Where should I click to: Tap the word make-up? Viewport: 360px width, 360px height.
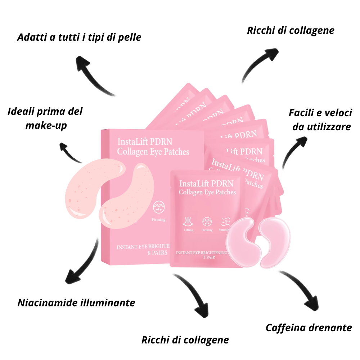(46, 126)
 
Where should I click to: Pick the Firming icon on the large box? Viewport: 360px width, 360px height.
(159, 208)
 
